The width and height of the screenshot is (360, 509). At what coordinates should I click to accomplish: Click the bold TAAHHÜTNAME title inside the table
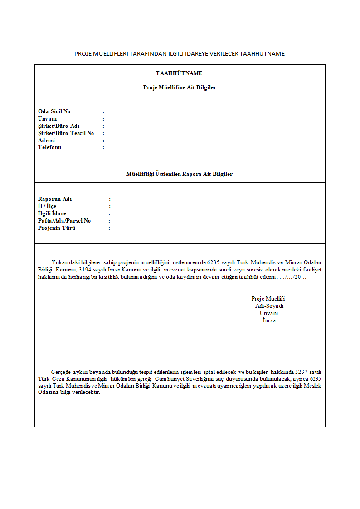tap(179, 73)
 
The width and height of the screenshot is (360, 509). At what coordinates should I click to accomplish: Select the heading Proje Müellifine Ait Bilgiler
tap(180, 87)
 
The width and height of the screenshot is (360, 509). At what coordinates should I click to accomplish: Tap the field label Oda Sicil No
tap(54, 111)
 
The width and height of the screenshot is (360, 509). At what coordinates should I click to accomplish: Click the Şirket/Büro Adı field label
tap(59, 126)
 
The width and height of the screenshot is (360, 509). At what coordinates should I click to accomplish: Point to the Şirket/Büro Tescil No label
tap(66, 133)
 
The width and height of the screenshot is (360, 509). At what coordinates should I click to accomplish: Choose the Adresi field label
tap(46, 141)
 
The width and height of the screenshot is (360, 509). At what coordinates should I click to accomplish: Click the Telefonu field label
tap(49, 147)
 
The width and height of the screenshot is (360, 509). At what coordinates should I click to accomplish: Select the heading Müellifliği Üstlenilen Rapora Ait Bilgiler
tap(180, 174)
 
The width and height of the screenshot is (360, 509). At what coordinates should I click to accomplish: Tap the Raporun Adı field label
tap(55, 199)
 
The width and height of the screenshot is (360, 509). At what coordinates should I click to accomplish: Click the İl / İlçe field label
tap(47, 206)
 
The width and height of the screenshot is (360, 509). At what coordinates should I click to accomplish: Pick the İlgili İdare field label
tap(52, 213)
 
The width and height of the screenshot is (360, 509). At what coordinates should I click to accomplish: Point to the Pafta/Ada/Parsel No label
tap(64, 221)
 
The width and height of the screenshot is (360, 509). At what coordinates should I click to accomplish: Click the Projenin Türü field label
tap(57, 228)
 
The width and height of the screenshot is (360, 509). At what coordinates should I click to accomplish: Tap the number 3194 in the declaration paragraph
tap(85, 270)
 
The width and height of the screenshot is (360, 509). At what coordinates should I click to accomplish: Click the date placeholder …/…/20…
tap(293, 277)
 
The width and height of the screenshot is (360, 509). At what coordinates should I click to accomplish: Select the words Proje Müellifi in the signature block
tap(268, 299)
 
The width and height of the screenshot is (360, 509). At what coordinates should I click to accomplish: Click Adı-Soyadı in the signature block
tap(269, 306)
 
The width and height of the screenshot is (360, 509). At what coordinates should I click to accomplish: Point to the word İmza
tap(269, 320)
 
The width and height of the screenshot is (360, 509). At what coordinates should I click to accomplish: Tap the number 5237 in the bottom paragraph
tap(302, 371)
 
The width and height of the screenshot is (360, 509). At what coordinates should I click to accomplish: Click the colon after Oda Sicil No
tap(103, 111)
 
